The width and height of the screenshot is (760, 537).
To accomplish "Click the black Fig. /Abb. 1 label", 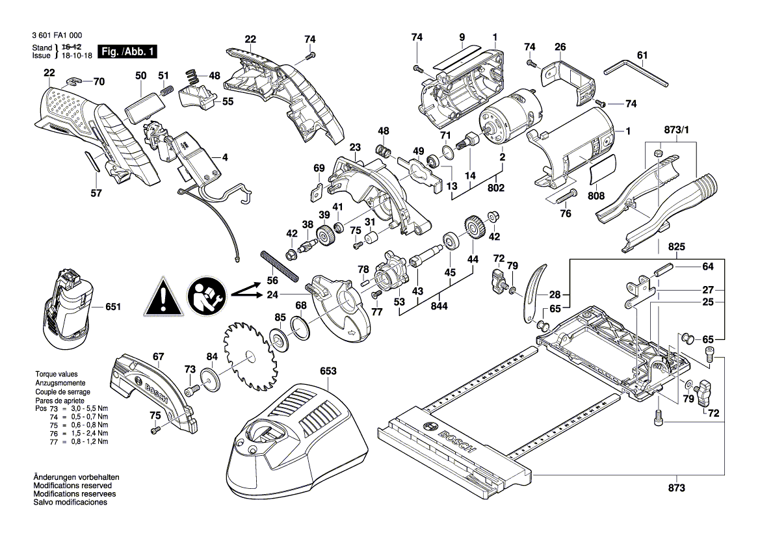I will pos(127,51).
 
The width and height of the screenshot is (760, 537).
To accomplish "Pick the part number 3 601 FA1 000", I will pos(57,36).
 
